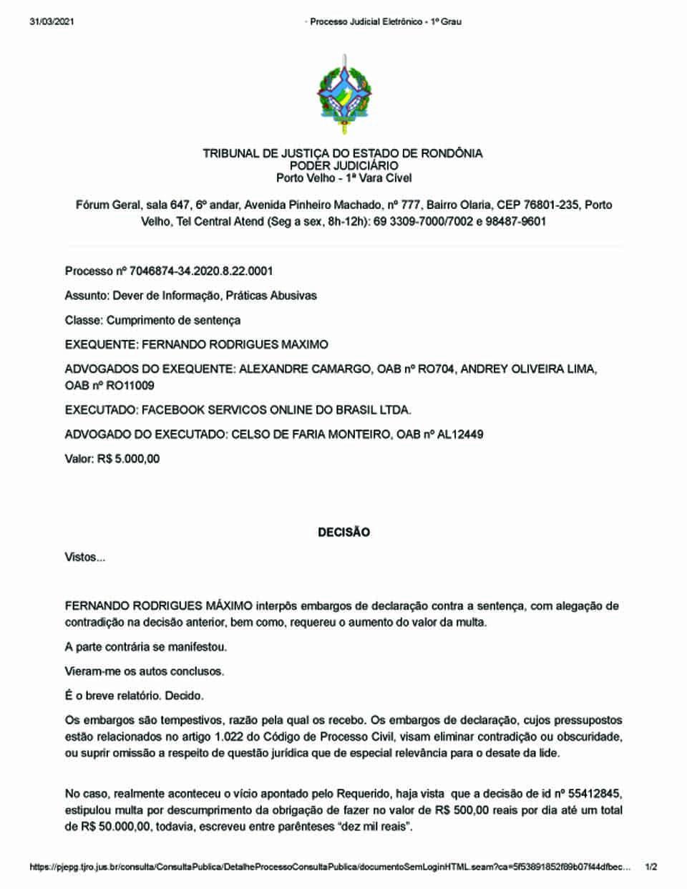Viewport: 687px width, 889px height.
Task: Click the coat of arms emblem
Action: click(x=344, y=95)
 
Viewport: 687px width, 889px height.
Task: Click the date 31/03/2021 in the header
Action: click(x=52, y=21)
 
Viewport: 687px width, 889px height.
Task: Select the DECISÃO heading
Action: click(x=343, y=533)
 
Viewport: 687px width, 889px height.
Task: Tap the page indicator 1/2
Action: click(x=651, y=868)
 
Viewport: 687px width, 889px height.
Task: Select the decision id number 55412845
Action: click(x=595, y=793)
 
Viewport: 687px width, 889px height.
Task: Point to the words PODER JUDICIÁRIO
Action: click(x=343, y=165)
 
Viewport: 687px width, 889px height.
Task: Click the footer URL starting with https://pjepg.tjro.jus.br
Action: click(x=330, y=868)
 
